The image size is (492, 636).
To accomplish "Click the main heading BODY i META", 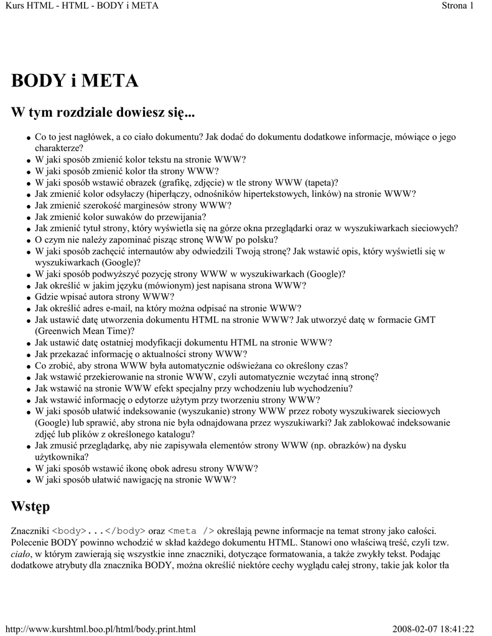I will click(x=75, y=81).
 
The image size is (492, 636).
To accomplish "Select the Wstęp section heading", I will click(x=30, y=507).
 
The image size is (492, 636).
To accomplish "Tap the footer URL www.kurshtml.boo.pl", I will click(x=100, y=629).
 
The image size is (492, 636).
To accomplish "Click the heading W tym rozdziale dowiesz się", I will click(x=103, y=113).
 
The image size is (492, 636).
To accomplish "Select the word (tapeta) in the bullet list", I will click(x=319, y=183).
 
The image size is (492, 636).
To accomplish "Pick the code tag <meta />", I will click(x=192, y=531).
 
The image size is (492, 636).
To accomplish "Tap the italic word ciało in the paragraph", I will click(x=21, y=554).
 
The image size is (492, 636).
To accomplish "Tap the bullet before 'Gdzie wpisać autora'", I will click(x=29, y=298).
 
